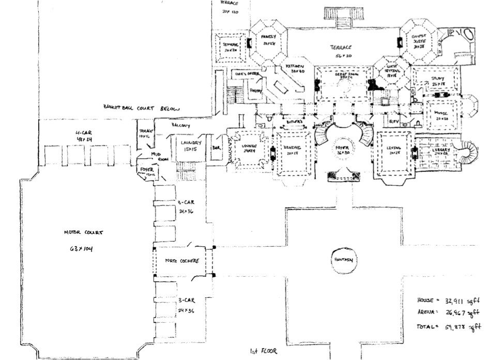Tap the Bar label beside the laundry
(x=216, y=148)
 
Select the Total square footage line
(x=449, y=327)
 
